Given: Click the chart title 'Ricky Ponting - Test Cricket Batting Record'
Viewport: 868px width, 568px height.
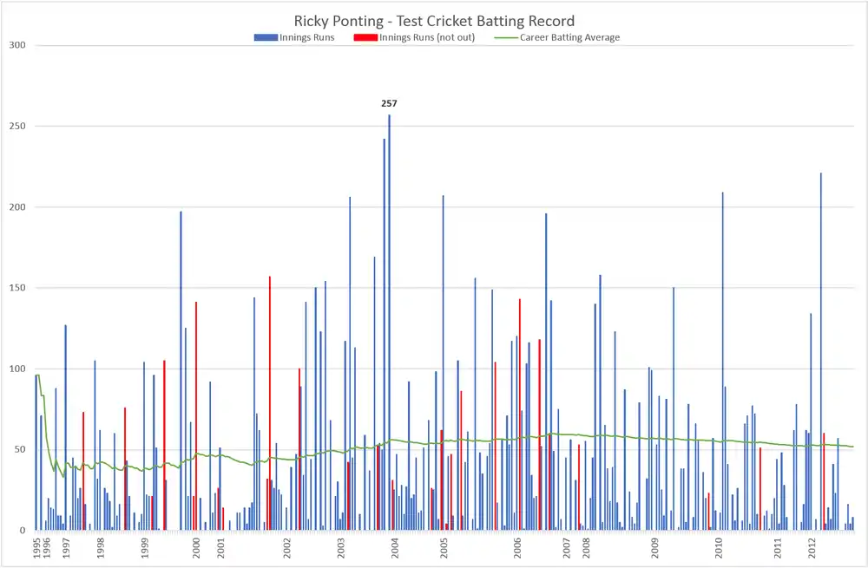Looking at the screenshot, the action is [434, 21].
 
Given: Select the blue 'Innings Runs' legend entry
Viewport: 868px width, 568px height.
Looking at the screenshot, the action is [294, 37].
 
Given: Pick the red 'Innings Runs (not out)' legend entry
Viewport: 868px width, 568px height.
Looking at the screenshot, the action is [414, 37].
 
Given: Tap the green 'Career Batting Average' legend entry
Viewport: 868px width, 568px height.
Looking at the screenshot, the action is [557, 37].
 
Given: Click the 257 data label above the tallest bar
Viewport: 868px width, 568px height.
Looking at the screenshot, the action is [389, 103].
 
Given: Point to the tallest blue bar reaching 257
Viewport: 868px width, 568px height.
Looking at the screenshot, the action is [389, 323].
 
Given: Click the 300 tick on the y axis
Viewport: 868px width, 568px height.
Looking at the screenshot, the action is [17, 45].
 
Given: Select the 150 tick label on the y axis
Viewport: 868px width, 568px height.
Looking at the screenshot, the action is [17, 288].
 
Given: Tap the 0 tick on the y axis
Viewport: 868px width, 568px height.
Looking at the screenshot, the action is [23, 531].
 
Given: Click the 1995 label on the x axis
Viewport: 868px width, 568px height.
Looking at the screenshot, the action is [37, 547].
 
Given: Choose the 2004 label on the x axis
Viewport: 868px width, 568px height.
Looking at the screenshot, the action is [395, 547].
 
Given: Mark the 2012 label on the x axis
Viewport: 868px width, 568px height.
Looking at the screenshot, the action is [812, 547].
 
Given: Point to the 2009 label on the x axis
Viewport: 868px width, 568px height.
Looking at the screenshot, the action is [654, 547].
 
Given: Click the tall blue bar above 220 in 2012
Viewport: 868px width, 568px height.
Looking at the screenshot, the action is [821, 352].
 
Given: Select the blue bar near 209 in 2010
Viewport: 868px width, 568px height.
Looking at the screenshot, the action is [722, 361].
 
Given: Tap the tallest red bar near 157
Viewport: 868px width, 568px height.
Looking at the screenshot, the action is [270, 403].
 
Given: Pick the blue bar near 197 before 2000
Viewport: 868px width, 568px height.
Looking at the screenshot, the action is [181, 370].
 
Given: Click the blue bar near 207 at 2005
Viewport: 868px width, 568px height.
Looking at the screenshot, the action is [443, 362].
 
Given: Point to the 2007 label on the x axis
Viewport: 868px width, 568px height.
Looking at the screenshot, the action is [567, 547].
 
